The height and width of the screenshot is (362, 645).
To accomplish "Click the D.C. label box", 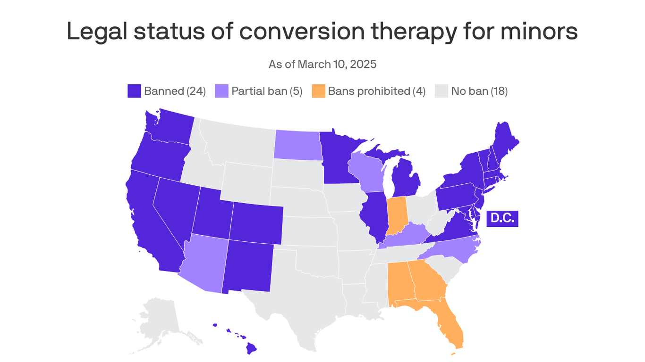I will tap(502, 218).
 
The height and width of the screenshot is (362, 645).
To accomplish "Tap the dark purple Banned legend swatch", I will tap(134, 91).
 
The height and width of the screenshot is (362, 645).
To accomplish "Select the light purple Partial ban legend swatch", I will tap(221, 91).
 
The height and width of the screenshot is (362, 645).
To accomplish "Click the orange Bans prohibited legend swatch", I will tap(319, 91).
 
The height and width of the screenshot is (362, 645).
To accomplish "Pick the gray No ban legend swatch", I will tap(441, 91).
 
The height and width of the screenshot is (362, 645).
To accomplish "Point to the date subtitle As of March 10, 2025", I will tap(322, 64).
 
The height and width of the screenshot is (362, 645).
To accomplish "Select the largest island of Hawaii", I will tap(251, 348).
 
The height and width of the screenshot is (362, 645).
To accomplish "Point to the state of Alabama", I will tap(398, 283).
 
